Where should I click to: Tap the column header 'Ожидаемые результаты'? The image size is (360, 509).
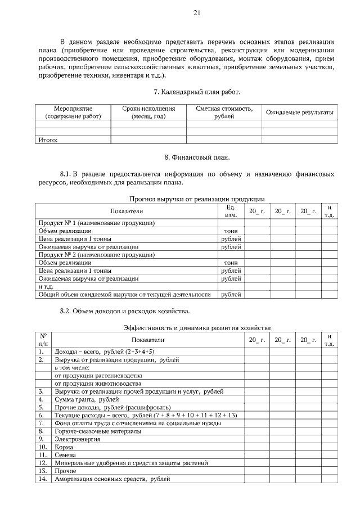(299, 112)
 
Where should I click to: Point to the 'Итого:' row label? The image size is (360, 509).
(48, 139)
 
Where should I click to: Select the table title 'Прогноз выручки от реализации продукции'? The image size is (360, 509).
(197, 199)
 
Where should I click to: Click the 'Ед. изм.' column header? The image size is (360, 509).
(231, 211)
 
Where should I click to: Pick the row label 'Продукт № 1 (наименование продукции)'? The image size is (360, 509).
(96, 223)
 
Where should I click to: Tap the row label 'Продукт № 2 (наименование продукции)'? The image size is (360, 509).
(96, 255)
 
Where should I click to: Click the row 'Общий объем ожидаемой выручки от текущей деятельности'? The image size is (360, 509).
(124, 294)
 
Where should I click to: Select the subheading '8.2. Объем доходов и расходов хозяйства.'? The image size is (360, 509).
(125, 310)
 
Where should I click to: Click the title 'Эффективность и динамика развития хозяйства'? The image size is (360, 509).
(197, 327)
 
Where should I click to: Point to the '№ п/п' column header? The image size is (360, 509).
(43, 339)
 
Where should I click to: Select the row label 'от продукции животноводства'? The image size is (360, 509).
(97, 383)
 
